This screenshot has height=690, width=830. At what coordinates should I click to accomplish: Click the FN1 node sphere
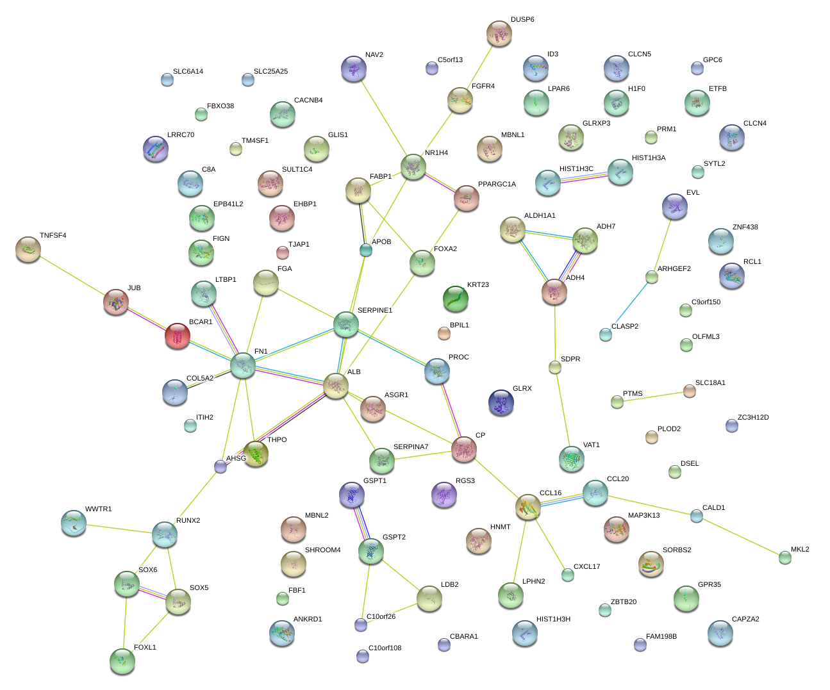(243, 365)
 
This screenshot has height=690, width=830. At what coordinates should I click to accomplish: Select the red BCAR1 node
(178, 336)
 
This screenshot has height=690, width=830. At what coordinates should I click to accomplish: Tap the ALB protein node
(335, 386)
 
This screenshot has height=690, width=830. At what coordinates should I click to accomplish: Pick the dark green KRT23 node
(456, 299)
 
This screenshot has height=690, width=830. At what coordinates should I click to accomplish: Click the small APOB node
(365, 251)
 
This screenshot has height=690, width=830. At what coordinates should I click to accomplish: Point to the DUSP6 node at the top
(499, 34)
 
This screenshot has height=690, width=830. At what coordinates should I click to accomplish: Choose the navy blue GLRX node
(501, 402)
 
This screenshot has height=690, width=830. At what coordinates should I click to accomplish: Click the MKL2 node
(785, 557)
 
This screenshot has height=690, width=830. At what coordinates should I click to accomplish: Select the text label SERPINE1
(374, 311)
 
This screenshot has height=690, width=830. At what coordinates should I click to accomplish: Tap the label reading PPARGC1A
(497, 185)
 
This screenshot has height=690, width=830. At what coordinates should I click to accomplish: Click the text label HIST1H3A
(648, 158)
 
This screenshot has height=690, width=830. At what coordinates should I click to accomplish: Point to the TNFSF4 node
(28, 249)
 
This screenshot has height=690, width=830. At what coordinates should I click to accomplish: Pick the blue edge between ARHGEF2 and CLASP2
(629, 305)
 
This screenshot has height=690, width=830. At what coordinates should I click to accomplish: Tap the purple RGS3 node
(444, 495)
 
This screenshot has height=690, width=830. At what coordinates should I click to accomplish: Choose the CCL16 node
(527, 507)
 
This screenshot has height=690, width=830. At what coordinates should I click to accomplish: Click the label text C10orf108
(385, 648)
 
